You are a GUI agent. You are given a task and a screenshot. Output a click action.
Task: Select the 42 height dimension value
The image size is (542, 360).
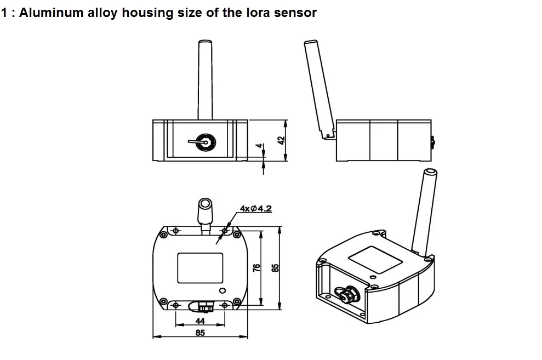tap(281, 140)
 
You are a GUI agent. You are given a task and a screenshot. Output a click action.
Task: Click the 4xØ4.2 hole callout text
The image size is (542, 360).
tap(256, 209)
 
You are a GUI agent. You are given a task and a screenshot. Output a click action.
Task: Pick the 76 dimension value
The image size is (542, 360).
tap(256, 267)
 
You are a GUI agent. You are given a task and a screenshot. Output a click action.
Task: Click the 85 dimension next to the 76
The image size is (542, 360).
tap(276, 267)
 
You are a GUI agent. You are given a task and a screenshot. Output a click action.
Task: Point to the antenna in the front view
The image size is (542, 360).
tap(205, 79)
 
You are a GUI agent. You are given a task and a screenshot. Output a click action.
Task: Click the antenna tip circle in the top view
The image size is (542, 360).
tap(206, 204)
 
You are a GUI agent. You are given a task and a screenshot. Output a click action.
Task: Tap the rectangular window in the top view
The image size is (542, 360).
tap(199, 267)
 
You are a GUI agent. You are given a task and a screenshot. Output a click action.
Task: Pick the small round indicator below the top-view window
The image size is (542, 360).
tap(222, 290)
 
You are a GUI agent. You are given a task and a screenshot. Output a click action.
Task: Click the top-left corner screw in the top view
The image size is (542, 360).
tap(163, 235)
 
